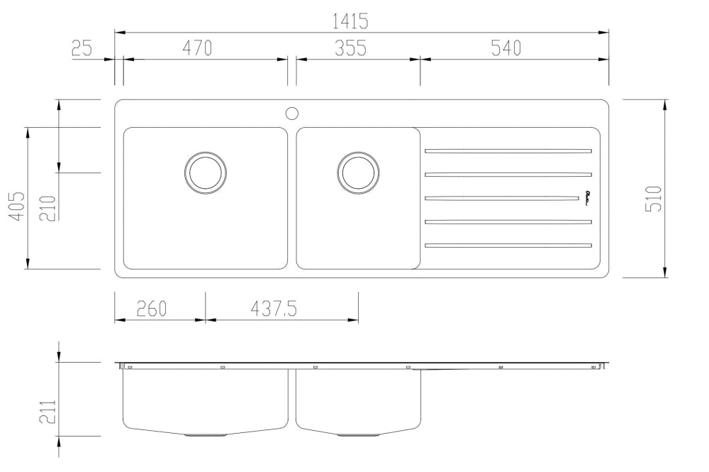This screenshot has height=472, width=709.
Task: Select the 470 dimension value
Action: [198, 48]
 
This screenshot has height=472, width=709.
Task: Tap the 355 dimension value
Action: [350, 48]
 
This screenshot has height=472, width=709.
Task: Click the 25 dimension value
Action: [82, 48]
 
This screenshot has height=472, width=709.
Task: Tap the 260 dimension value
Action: [152, 309]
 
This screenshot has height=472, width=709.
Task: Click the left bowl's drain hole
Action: [206, 172]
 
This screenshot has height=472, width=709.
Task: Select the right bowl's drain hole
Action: [358, 172]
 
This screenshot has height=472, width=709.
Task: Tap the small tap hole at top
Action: [291, 112]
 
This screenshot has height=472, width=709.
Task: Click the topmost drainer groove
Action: [508, 151]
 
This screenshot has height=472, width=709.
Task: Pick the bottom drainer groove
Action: [508, 246]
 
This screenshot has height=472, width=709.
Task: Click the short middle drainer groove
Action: [500, 198]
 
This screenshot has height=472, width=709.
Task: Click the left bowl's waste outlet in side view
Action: [206, 434]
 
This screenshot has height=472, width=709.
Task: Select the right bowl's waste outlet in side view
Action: [358, 434]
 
